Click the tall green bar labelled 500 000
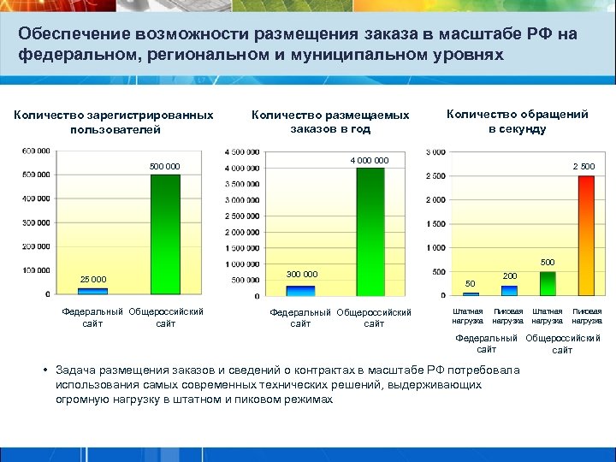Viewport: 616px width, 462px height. pos(165,234)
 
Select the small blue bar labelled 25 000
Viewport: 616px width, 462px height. pos(92,291)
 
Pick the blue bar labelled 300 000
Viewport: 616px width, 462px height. pos(300,290)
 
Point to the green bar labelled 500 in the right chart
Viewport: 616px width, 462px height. pos(548,283)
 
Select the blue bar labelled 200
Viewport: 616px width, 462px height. pos(509,290)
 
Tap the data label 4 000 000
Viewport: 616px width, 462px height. pos(369,159)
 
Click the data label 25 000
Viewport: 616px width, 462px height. pos(93,279)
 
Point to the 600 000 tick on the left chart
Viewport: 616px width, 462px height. pos(36,151)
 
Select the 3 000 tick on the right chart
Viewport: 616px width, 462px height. pos(435,152)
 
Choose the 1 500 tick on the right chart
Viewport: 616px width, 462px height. pos(435,223)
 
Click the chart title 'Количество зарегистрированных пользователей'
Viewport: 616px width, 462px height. pos(114,121)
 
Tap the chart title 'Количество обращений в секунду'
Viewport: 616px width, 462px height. pos(517,121)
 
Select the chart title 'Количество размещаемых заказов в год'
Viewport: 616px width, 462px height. pos(329,122)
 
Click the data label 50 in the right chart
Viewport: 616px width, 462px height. pos(470,282)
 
